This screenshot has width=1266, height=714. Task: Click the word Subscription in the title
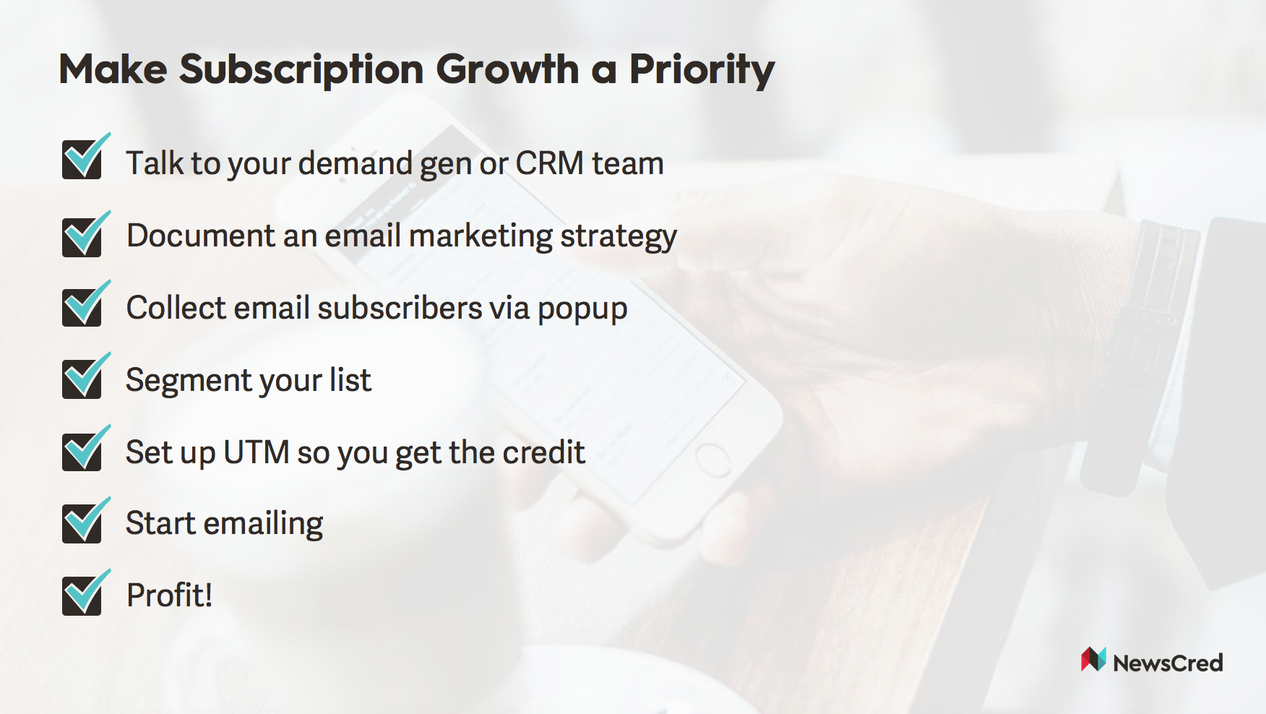(301, 70)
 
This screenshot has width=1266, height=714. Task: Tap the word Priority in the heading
(702, 70)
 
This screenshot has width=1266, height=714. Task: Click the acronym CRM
(549, 163)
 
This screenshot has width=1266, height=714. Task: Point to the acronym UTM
(257, 452)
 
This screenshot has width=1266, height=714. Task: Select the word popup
(582, 310)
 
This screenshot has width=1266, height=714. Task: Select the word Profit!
(170, 595)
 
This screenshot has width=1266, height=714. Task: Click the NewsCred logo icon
(1093, 659)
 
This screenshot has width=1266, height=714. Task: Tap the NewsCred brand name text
(1168, 663)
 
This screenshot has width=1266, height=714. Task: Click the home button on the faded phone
(712, 460)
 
